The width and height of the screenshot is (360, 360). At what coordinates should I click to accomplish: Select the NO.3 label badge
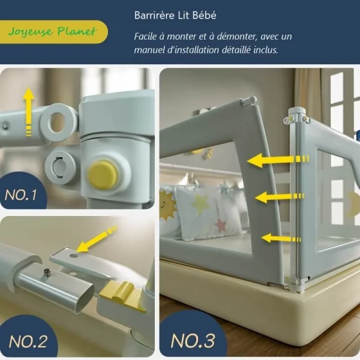[193, 340]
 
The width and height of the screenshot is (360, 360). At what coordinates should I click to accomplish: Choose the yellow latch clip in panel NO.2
[124, 298]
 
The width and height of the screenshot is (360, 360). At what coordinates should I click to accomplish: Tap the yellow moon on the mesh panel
[353, 203]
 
